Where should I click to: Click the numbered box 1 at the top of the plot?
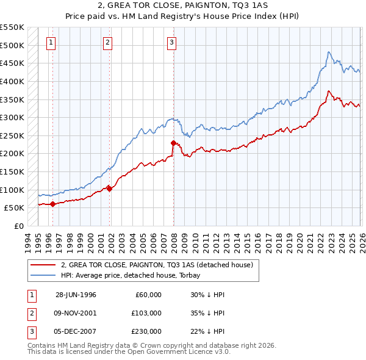50,42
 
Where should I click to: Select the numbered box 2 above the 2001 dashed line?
107,42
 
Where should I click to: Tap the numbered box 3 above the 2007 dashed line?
172,42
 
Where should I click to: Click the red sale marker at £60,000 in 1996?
52,204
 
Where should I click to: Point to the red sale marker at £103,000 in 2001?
110,189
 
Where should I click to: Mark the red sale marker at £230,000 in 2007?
174,143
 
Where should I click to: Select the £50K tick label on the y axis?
15,207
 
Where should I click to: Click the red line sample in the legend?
43,265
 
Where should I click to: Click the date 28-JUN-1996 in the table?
76,295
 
